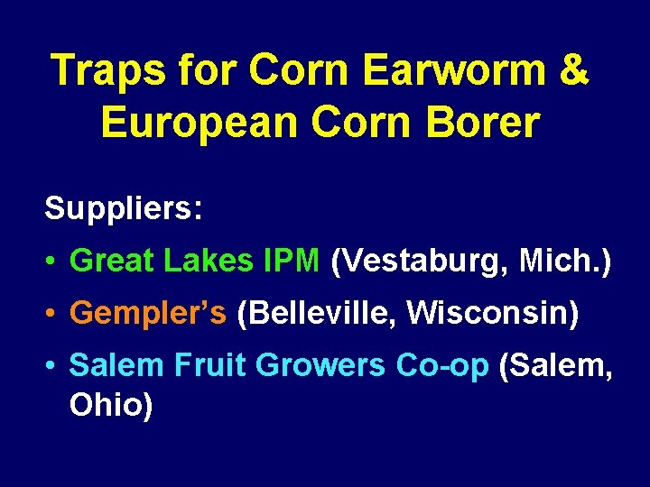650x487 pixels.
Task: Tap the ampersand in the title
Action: coord(574,69)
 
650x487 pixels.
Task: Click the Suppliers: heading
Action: coord(123,209)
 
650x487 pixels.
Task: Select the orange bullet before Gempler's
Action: coord(53,314)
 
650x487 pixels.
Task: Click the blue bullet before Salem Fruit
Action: coord(53,366)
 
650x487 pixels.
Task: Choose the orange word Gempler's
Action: coord(148,314)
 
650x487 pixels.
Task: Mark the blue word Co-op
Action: coord(443,365)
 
